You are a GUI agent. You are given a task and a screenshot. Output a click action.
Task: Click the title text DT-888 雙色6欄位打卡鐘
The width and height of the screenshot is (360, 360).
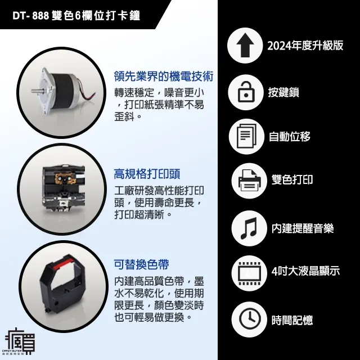(x=76, y=16)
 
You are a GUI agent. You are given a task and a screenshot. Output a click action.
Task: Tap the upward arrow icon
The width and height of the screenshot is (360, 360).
(x=246, y=46)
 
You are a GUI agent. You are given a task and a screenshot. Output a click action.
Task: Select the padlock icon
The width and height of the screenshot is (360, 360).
(x=246, y=92)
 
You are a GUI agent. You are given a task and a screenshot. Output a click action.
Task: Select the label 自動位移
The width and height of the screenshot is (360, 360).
(x=290, y=137)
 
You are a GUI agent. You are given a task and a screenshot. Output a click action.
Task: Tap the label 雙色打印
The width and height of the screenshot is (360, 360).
(x=292, y=180)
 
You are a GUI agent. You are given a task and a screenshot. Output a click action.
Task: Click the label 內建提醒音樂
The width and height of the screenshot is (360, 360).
(x=302, y=228)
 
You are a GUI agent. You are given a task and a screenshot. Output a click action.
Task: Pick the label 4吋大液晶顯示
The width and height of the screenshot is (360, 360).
(x=305, y=271)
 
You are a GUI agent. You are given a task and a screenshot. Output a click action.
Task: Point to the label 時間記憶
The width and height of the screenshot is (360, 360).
(x=292, y=320)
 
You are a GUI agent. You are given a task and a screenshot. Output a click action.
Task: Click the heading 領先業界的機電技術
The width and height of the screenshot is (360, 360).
(x=163, y=76)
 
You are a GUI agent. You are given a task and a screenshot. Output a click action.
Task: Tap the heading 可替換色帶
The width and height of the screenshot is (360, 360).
(x=141, y=264)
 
